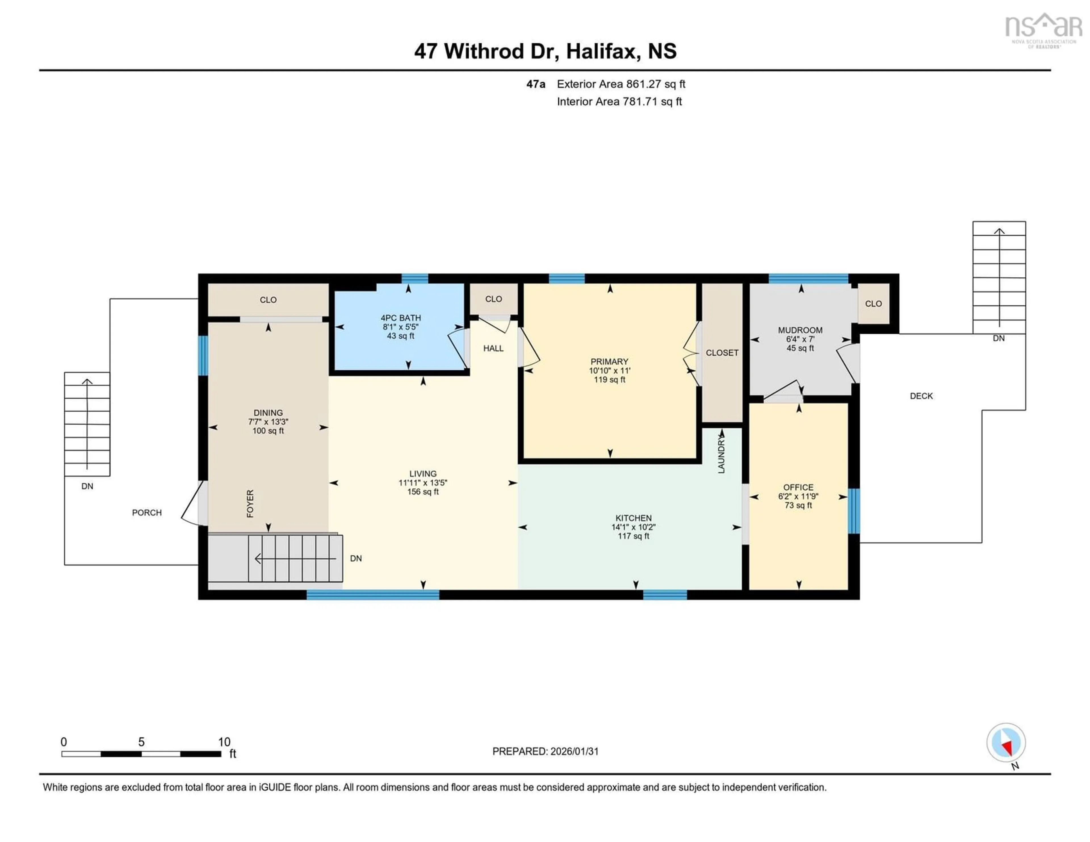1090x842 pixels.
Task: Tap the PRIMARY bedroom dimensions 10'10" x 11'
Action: point(609,371)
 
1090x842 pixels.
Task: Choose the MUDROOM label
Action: point(800,330)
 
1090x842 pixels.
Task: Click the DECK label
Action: point(921,396)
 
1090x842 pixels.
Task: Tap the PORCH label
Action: point(147,513)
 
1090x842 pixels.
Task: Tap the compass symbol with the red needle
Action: point(1006,743)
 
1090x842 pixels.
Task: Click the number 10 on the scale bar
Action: point(224,742)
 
